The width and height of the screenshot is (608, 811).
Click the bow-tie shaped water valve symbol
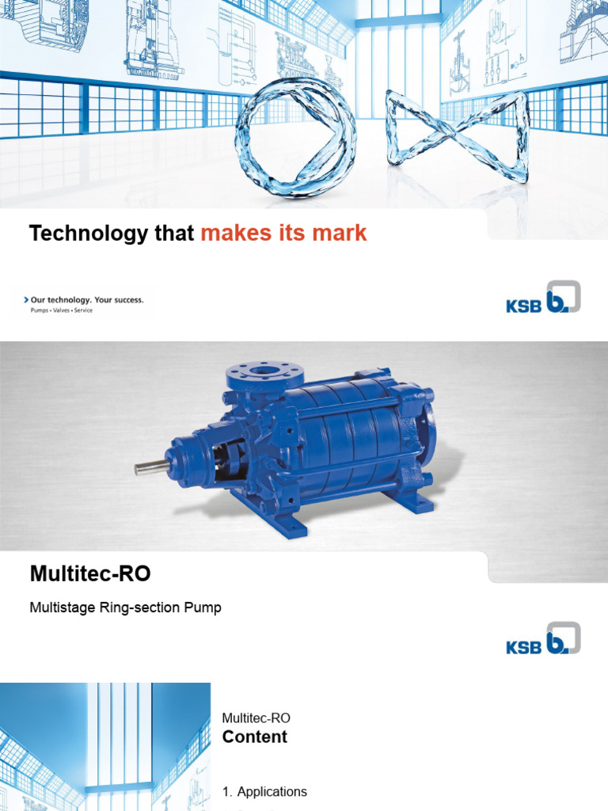click(458, 136)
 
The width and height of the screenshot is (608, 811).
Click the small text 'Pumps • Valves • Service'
click(61, 310)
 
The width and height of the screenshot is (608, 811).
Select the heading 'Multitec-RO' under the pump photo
click(89, 574)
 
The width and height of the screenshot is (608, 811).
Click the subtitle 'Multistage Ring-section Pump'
click(125, 608)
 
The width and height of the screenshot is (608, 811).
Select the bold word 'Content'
click(254, 737)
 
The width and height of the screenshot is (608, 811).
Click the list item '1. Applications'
click(264, 792)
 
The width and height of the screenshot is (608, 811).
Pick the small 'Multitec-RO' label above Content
click(256, 718)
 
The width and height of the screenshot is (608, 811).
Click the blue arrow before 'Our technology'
click(26, 300)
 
